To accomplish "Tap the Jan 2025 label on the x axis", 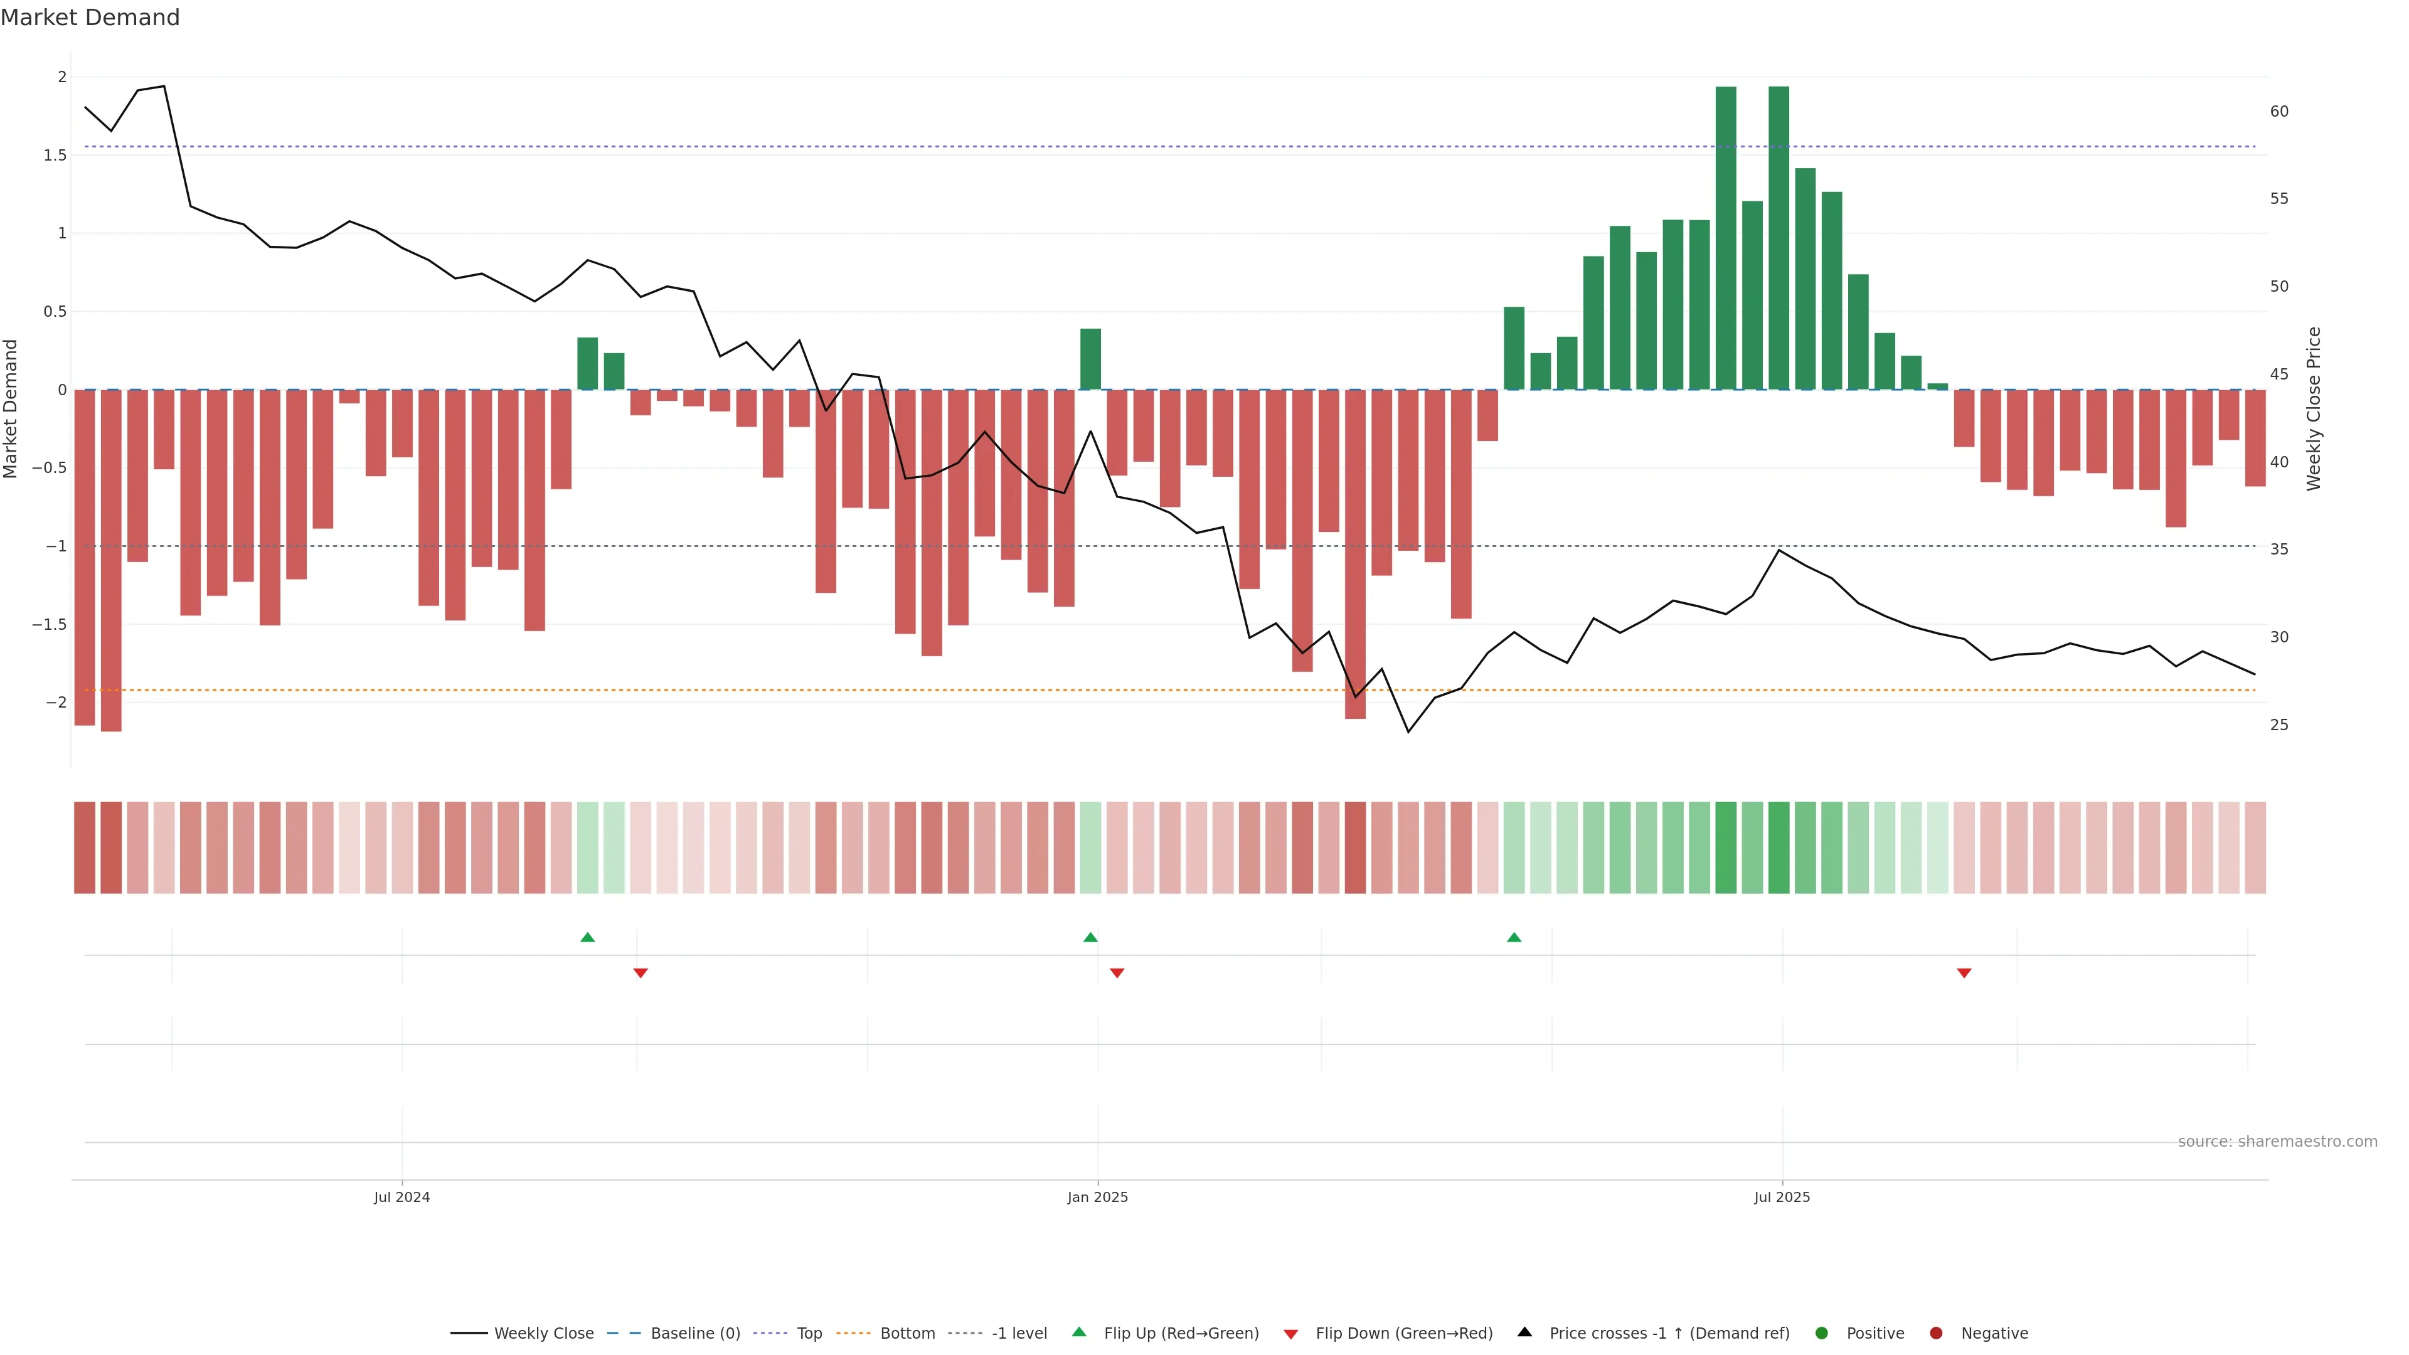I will (1097, 1197).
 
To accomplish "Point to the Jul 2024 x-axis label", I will (401, 1197).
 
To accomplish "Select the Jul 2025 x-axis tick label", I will (1782, 1197).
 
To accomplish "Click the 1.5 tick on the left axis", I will (55, 155).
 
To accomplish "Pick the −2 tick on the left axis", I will (55, 703).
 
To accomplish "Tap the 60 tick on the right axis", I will (2279, 111).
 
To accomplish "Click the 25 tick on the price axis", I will (2279, 725).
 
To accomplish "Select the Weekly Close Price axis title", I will (2314, 408).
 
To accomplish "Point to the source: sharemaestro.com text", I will (2277, 1142).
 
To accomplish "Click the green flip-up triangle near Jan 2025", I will (1090, 937).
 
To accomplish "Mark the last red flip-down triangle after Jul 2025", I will (1964, 974).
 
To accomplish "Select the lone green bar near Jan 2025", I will (1090, 359).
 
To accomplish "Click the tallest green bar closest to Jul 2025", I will (1779, 238).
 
